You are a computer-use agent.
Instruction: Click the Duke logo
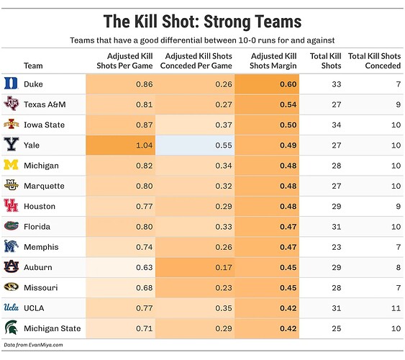11,84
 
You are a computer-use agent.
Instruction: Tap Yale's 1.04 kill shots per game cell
121,145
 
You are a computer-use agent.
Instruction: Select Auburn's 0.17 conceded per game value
224,267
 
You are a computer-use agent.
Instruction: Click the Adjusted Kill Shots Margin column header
273,60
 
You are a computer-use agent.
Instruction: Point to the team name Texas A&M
45,104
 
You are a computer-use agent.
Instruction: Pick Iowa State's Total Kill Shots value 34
336,125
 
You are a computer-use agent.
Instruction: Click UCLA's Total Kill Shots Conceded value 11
396,308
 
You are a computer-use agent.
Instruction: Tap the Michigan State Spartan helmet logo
11,328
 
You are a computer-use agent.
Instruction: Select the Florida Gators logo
11,226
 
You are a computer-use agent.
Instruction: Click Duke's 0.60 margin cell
267,84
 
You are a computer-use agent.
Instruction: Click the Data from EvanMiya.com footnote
33,345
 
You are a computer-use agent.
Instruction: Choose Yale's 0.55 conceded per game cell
195,145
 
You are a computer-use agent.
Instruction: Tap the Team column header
33,66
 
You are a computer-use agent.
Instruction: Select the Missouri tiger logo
11,287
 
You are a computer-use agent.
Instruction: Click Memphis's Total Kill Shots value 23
336,247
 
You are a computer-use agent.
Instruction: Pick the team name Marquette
44,186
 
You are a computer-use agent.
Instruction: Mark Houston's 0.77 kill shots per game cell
121,206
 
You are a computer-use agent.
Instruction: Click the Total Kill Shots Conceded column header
375,60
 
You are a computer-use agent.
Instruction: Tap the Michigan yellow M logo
11,165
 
